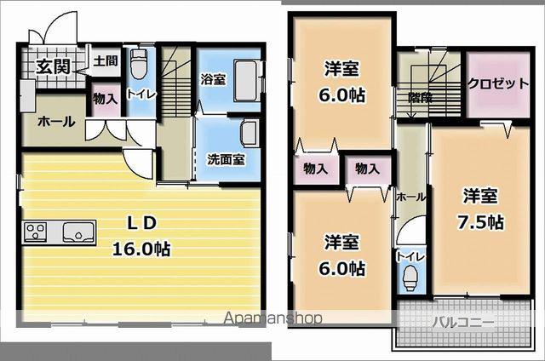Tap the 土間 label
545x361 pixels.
105,61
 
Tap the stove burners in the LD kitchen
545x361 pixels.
36,232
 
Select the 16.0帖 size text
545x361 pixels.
141,249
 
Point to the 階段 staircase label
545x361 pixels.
419,97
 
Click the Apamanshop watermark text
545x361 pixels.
272,318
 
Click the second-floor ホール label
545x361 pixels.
410,196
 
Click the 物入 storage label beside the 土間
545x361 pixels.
106,99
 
